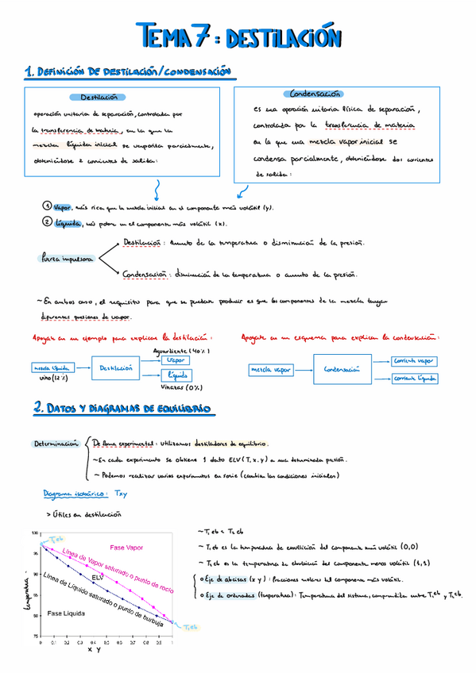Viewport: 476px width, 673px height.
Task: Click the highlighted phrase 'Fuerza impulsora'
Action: click(66, 259)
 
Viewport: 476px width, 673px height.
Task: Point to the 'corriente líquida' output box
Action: click(414, 379)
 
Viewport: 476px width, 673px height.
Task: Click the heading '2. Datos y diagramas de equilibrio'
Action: click(122, 409)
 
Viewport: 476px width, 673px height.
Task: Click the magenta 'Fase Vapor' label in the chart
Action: click(127, 547)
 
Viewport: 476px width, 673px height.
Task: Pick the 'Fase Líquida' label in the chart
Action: click(65, 613)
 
